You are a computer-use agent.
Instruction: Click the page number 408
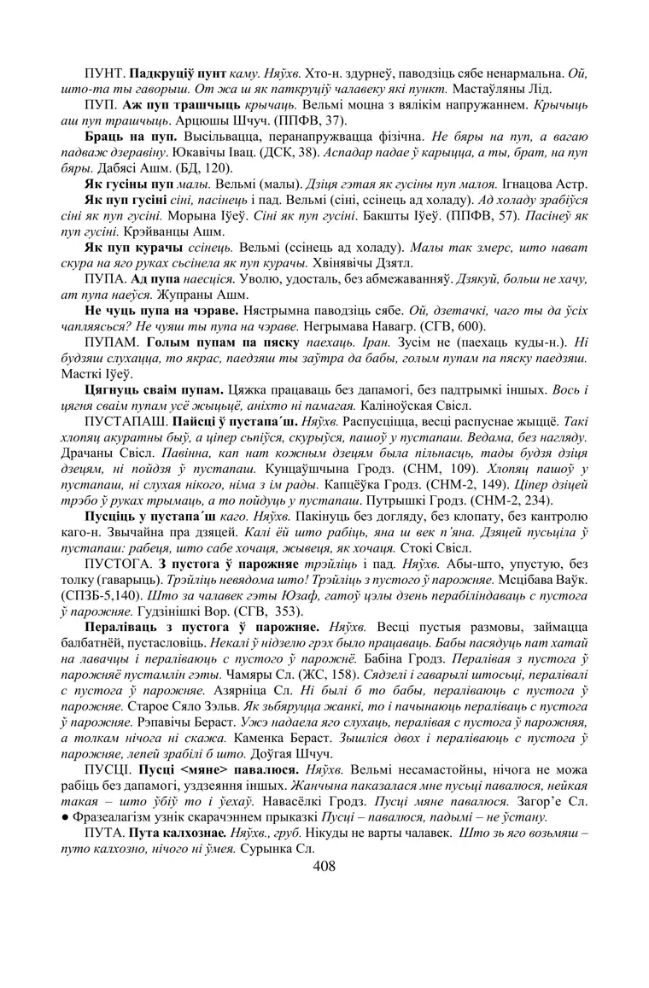point(324,867)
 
